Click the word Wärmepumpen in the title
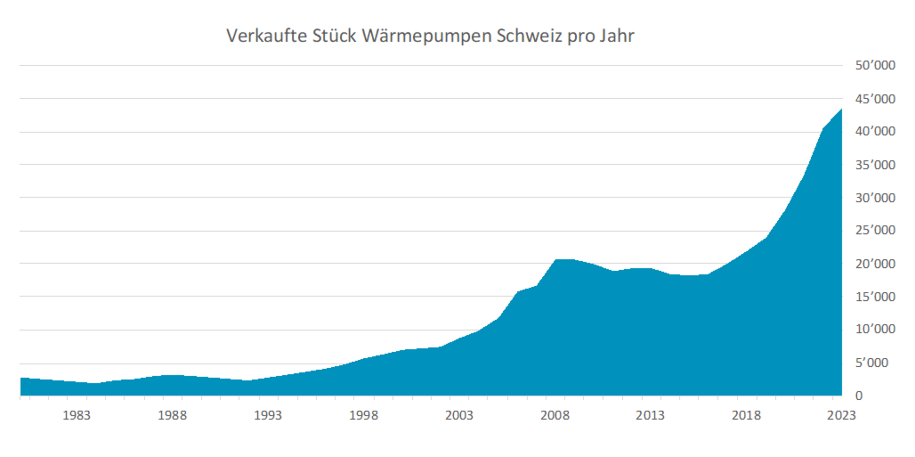(x=427, y=36)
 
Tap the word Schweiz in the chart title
(x=529, y=36)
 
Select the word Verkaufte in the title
(x=266, y=36)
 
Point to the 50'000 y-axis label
(x=875, y=65)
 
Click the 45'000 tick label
(x=875, y=99)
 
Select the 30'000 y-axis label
(x=875, y=197)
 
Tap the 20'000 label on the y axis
(x=875, y=263)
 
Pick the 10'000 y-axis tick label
(x=875, y=329)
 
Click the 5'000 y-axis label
(x=871, y=363)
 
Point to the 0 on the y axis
(x=859, y=395)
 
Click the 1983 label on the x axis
(x=76, y=415)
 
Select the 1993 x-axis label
(x=267, y=415)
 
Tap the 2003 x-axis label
(x=459, y=415)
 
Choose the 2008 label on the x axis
(x=555, y=415)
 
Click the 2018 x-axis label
(x=746, y=415)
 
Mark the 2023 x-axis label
(x=841, y=415)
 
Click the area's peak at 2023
(x=841, y=110)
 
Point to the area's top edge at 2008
(x=556, y=260)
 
